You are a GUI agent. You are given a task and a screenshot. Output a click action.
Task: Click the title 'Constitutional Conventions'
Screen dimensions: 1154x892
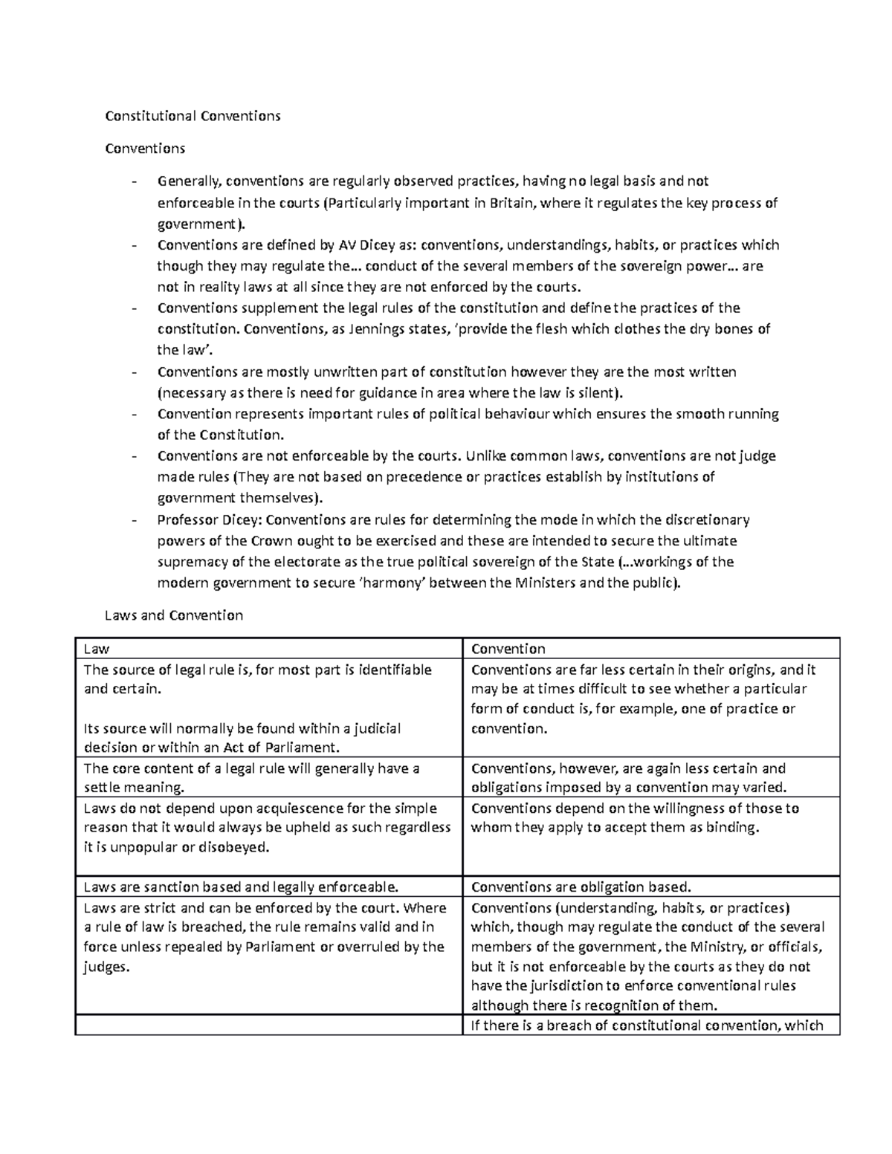coord(193,116)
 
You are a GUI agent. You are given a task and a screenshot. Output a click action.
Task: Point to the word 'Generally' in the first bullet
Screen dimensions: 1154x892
coord(190,181)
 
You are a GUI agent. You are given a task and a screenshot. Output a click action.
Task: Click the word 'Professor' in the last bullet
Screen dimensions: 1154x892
coord(188,519)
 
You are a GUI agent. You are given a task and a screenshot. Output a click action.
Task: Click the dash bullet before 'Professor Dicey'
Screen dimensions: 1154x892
coord(135,520)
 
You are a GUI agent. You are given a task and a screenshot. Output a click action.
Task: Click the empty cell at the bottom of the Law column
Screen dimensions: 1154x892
coord(268,1026)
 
